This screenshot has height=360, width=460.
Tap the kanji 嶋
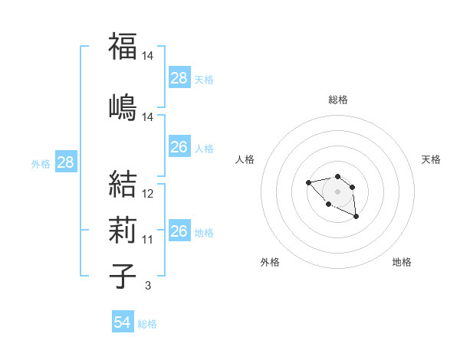[x=123, y=106]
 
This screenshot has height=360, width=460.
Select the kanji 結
[x=123, y=185]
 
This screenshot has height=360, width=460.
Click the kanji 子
[x=123, y=275]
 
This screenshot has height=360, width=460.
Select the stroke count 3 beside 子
[x=148, y=285]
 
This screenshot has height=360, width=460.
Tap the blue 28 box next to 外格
[x=65, y=162]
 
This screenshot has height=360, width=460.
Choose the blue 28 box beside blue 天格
[x=179, y=78]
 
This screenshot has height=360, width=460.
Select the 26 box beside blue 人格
[x=179, y=147]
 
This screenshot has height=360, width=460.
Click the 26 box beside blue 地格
[x=179, y=231]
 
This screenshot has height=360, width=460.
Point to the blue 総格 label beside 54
[x=147, y=324]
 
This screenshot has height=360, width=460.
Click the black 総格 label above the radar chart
[x=338, y=100]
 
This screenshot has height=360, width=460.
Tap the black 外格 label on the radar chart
[x=270, y=262]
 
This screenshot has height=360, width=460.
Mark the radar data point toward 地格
[x=356, y=217]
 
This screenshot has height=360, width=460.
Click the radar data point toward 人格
[x=308, y=182]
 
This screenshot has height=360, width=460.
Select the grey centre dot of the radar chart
[x=337, y=191]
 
